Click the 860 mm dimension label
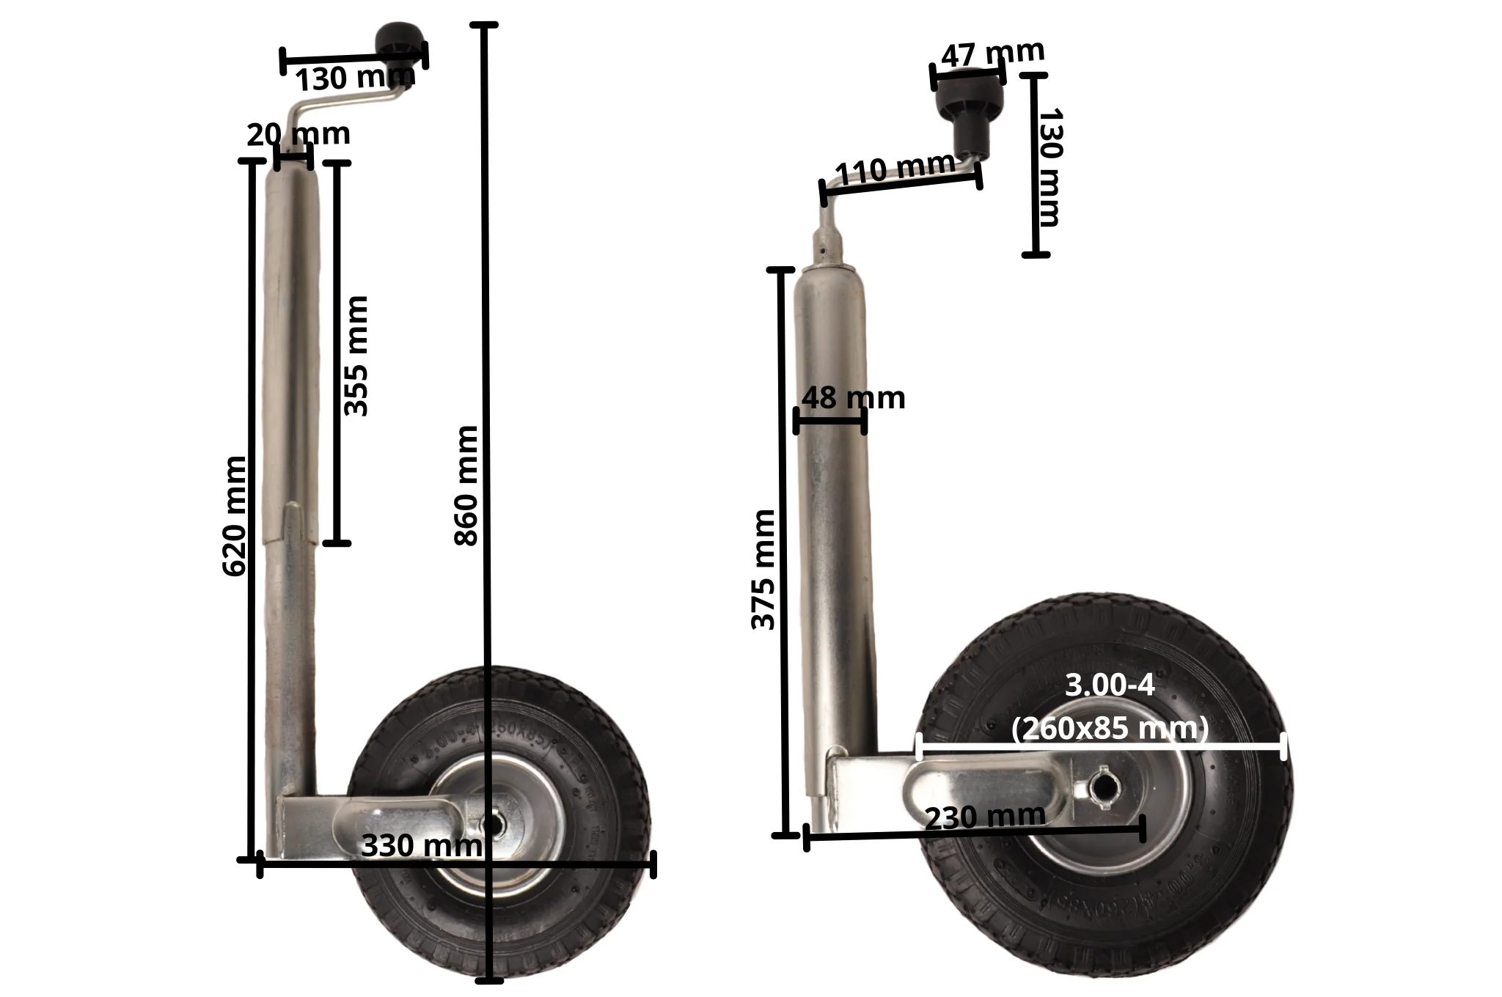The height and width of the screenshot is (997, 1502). coord(466,486)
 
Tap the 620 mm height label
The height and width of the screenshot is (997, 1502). coord(234,516)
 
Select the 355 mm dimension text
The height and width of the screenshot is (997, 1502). coord(356,356)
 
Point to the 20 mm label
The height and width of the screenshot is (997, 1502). coord(298,135)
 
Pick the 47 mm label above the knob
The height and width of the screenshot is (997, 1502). coord(992,53)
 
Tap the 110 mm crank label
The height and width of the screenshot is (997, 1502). coord(895,170)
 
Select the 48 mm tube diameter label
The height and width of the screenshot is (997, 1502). coord(853,398)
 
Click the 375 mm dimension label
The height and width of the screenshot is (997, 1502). coord(763,570)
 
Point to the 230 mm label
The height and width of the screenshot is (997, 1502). coord(985,817)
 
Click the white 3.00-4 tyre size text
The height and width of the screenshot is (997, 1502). coord(1109,685)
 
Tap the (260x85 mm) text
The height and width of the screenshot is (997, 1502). coord(1109,729)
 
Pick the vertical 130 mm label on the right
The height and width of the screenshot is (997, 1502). coord(1051,167)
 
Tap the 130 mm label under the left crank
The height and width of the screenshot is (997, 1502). coord(355,77)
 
